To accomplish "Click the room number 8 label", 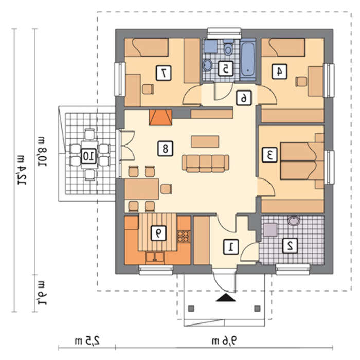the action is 165,149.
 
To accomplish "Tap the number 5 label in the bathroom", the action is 225,68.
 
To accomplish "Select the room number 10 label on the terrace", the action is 88,156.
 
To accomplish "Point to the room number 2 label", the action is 290,245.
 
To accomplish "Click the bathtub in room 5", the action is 248,60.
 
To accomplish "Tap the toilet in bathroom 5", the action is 228,47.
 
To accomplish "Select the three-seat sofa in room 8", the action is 206,163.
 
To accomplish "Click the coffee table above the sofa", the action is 205,141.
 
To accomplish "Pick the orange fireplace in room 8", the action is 160,117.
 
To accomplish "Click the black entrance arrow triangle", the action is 226,297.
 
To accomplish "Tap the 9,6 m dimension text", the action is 224,340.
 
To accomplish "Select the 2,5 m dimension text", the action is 87,340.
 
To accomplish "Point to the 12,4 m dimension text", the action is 22,170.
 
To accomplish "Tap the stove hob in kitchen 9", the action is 184,237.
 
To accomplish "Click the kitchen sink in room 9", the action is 155,257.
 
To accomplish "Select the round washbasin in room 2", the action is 294,221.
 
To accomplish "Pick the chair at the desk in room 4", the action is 301,81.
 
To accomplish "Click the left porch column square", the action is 191,309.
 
